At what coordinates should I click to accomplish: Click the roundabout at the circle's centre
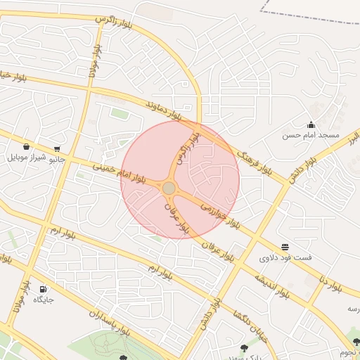coord(169,188)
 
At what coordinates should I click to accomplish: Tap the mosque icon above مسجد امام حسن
coord(311,124)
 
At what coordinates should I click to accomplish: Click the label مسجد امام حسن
coord(311,134)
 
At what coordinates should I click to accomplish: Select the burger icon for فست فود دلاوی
coord(285,247)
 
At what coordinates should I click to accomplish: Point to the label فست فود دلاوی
coord(285,258)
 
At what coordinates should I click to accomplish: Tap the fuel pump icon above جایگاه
coord(44,289)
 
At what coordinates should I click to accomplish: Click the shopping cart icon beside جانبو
coord(56,149)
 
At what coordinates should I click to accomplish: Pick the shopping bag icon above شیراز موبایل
coord(26,147)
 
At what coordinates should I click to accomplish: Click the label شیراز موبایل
coord(26,157)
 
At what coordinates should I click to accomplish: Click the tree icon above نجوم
coord(356,342)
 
